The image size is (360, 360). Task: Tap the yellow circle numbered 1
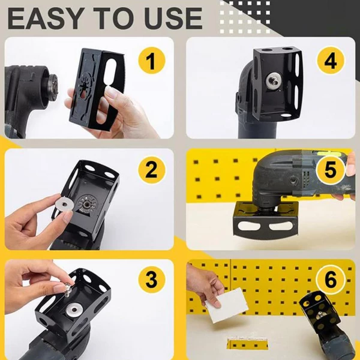152,62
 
